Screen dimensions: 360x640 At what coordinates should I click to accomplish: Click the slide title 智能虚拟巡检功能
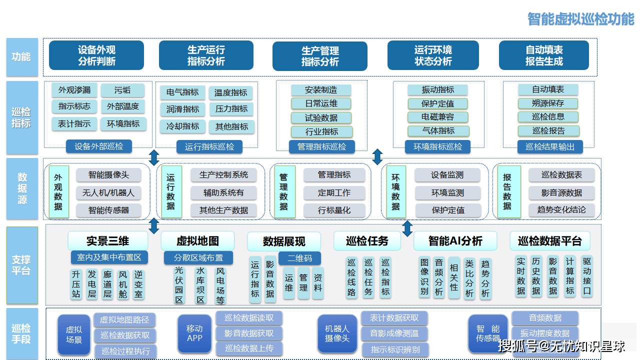point(580,19)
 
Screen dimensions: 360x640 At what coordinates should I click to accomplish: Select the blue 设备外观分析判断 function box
point(96,55)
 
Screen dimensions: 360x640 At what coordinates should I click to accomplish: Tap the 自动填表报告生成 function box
point(544,55)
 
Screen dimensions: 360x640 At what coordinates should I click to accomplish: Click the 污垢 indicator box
point(122,90)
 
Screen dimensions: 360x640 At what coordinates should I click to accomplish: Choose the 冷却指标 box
point(182,126)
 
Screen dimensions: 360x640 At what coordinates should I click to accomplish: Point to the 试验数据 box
point(321,117)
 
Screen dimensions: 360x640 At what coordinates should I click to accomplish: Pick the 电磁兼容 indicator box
point(437,117)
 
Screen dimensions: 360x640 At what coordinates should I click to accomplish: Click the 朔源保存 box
point(548,103)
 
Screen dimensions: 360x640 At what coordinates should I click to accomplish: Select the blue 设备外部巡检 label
point(98,146)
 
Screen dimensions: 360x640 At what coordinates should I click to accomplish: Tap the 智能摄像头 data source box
point(108,175)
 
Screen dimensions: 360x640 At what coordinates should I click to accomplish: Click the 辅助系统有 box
point(223,192)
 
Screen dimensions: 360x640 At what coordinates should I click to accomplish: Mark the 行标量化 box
point(334,210)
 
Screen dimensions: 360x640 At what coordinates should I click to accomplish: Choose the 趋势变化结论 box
point(561,209)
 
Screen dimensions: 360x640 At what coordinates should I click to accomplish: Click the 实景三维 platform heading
point(107,241)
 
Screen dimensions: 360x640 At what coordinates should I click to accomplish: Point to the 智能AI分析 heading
point(455,241)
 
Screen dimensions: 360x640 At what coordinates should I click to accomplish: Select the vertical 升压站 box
point(76,284)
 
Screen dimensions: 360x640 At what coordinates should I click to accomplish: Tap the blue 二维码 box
point(299,258)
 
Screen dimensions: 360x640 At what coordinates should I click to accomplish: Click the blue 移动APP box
point(194,333)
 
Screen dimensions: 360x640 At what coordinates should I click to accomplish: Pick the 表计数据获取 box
point(394,317)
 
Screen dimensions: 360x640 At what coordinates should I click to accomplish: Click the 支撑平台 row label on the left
point(21,265)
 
